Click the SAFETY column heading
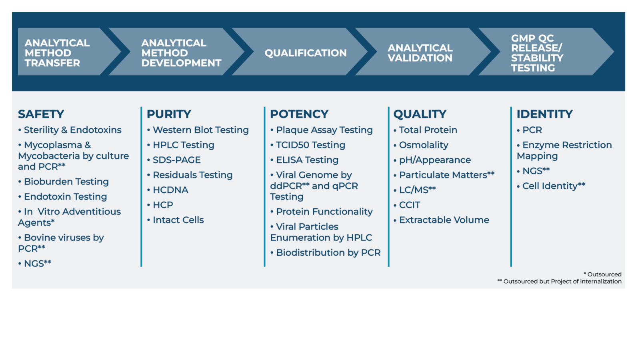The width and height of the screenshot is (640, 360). pos(41,114)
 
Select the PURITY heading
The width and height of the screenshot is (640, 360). pos(169,114)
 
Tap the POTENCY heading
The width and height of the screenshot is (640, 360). pos(299,114)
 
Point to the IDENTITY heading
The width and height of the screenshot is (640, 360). pos(544,114)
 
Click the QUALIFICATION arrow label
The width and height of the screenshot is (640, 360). pos(305,53)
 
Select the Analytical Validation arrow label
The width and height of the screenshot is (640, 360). pos(420,53)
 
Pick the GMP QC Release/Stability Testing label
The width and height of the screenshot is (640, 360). pos(537,53)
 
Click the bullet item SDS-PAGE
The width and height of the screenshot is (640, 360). pos(176,160)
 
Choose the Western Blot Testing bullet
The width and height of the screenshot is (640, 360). pos(200,130)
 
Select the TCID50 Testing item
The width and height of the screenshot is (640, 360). pos(310,145)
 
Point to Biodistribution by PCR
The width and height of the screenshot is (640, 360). pos(328,253)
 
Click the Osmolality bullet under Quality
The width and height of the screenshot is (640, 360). pos(424,145)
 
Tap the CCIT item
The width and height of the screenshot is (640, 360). pos(410,205)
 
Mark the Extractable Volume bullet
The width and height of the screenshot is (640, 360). pos(444,220)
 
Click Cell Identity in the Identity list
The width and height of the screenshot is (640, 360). pos(554,186)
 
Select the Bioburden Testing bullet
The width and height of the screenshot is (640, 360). pos(66,182)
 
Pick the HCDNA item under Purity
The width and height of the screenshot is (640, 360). pos(170,190)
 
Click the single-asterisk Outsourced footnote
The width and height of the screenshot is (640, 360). pos(603,274)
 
